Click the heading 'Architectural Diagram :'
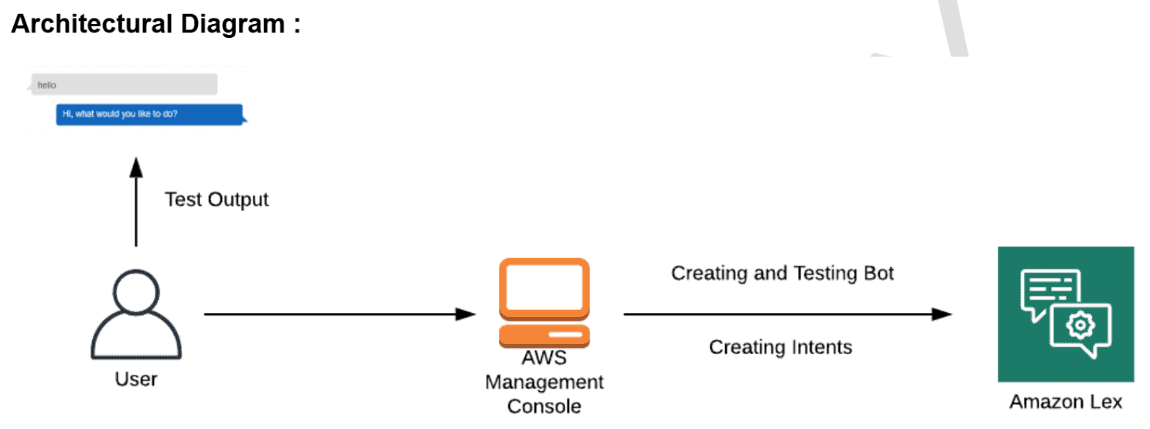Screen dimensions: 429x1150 (x=155, y=24)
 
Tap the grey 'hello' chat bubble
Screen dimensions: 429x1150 (x=125, y=84)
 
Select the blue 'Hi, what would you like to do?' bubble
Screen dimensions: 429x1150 (x=150, y=114)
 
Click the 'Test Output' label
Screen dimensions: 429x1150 (x=217, y=199)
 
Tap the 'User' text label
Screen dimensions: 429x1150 (x=136, y=379)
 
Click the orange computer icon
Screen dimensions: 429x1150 (x=544, y=302)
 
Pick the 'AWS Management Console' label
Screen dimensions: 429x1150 (x=544, y=381)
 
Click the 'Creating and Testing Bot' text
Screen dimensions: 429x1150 (x=782, y=273)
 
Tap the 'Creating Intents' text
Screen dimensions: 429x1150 (x=780, y=347)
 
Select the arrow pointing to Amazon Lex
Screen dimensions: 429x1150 (x=787, y=314)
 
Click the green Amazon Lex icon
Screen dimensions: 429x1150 (x=1065, y=314)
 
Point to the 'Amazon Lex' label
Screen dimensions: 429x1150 (x=1065, y=402)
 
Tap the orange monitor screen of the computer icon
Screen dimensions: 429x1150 (x=544, y=286)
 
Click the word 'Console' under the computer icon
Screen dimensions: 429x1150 (x=544, y=405)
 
